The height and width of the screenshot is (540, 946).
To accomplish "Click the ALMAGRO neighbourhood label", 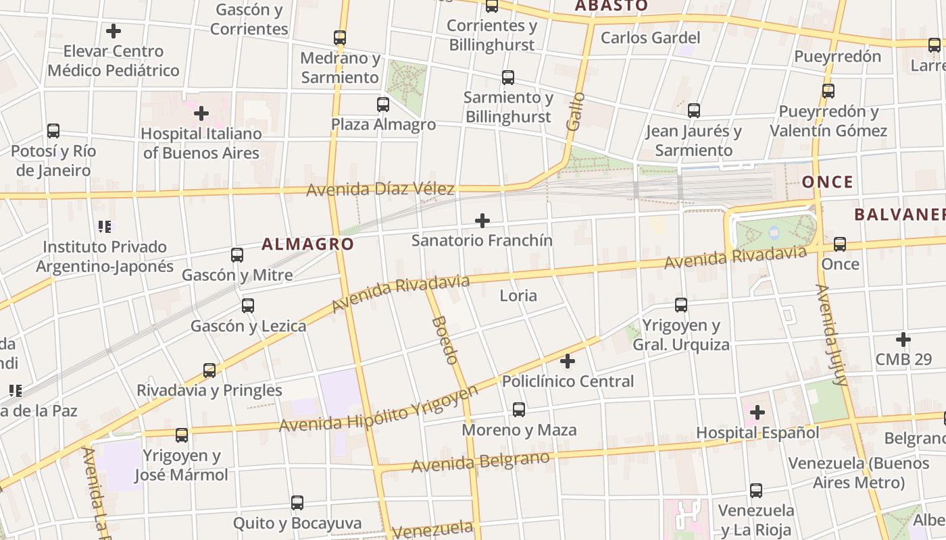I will (307, 244).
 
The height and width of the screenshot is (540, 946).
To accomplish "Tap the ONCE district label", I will (827, 182).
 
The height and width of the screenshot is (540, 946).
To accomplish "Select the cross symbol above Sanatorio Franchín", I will (482, 221).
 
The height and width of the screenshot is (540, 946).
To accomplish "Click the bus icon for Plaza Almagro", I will (383, 105).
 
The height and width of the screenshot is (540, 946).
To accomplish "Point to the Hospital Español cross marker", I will (757, 412).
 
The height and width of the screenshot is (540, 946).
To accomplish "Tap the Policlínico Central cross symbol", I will (568, 361).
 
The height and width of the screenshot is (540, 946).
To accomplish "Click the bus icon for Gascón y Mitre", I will (237, 255).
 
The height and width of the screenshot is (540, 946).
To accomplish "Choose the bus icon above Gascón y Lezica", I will (248, 306).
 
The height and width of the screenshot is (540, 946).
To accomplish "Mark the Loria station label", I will (518, 295).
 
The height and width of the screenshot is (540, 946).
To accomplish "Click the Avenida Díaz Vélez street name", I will (380, 190).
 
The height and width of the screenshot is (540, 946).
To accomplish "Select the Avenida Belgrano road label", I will (480, 462).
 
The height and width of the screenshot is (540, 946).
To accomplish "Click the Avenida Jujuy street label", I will (831, 335).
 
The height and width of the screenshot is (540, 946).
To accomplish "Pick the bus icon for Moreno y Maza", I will (519, 410).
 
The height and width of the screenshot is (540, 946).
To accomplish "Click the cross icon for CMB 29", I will (903, 340).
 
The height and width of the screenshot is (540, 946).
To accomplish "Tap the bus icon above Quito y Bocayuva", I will (297, 503).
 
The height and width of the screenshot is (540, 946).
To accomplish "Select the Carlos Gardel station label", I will (650, 38).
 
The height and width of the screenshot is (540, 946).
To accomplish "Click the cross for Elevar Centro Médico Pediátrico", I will (114, 31).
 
